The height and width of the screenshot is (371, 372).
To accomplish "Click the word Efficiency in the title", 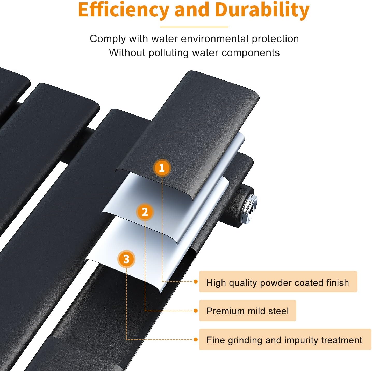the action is click(x=124, y=10).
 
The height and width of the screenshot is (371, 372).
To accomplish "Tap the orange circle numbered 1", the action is click(x=162, y=168).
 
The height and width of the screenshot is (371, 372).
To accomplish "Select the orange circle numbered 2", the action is click(x=145, y=212).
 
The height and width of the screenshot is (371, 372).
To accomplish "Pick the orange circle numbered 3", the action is click(x=126, y=259).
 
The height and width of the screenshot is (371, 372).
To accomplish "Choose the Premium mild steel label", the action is click(x=247, y=311).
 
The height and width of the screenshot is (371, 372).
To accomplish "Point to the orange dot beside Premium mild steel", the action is click(x=196, y=311).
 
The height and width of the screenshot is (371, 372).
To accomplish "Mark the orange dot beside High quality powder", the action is click(x=196, y=281).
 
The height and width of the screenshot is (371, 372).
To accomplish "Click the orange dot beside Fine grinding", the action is click(x=196, y=339).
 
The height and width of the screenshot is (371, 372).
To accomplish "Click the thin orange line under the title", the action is click(x=194, y=27).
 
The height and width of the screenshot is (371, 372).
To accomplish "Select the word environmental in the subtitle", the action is click(x=214, y=39).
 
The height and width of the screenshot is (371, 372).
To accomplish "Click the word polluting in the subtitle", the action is click(x=168, y=53).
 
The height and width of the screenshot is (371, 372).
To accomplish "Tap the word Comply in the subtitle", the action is click(x=108, y=39).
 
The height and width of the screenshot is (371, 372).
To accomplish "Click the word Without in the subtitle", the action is click(x=127, y=53).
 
